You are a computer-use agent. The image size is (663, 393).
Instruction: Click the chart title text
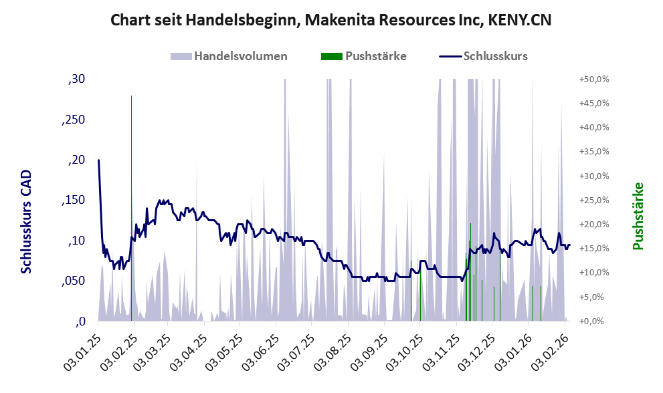coord(331,20)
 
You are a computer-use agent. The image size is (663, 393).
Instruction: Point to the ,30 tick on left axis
coord(77,80)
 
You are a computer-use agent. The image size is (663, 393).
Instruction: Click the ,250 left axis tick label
coord(74,120)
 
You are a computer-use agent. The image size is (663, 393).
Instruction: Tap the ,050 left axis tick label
coord(74,281)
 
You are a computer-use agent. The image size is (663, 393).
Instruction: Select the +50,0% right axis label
coord(594,80)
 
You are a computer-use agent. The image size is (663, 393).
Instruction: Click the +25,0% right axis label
coord(594,201)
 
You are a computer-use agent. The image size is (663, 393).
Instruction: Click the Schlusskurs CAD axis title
coord(27,221)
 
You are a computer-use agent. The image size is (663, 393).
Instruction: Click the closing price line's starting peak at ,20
coord(98,160)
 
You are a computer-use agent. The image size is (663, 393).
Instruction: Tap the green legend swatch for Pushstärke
coord(330,56)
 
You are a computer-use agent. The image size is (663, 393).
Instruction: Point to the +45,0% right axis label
coord(594,104)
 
